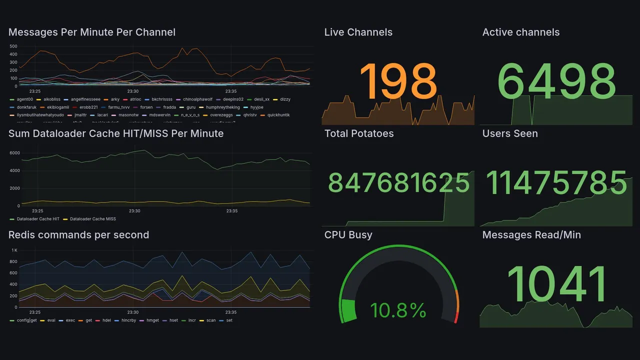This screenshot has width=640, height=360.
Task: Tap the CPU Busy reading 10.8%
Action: (398, 310)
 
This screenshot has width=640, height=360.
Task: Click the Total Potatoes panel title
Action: (358, 133)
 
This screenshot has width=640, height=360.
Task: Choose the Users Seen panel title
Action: (509, 133)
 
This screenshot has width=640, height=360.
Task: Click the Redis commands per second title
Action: (78, 235)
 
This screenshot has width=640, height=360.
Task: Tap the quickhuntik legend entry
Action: (278, 115)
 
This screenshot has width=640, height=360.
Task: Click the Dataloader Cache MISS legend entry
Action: (92, 219)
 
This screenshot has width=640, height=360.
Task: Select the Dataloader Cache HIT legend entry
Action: (37, 219)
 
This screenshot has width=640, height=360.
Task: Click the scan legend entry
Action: (211, 320)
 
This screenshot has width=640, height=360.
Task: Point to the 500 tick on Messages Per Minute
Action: (13, 46)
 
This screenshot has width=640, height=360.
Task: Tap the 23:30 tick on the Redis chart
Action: (133, 312)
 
